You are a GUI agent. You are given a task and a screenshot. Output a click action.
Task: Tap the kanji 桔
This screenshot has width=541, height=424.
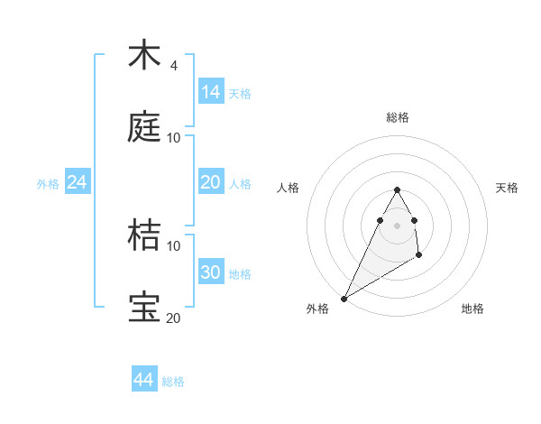[144, 235]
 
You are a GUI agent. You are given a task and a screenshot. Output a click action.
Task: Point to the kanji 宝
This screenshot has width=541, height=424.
[144, 308]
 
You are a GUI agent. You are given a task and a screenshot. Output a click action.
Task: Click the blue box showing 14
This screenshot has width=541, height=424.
[211, 92]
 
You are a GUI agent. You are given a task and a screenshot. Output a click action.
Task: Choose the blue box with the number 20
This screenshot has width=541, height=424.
[211, 182]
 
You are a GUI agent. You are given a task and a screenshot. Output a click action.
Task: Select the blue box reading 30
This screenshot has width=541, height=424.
[211, 272]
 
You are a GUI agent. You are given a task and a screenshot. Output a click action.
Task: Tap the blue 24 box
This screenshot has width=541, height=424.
[77, 182]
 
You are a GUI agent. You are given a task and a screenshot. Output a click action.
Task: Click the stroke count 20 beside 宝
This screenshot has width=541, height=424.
[173, 317]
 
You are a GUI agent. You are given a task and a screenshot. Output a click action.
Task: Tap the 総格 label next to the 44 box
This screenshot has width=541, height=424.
[173, 381]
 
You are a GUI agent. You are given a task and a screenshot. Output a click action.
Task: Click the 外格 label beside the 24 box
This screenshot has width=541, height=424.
[48, 183]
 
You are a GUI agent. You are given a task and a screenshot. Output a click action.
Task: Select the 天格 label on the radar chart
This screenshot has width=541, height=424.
[508, 188]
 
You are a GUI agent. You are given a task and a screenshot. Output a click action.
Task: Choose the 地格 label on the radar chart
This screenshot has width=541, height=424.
[472, 309]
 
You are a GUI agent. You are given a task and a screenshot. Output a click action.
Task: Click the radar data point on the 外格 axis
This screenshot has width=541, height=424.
[344, 298]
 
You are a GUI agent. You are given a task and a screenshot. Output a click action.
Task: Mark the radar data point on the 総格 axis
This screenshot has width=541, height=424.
[397, 190]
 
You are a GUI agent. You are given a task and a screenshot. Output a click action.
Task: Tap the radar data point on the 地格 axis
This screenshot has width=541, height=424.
[419, 256]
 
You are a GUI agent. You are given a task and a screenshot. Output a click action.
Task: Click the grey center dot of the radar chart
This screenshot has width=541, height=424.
[397, 226]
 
